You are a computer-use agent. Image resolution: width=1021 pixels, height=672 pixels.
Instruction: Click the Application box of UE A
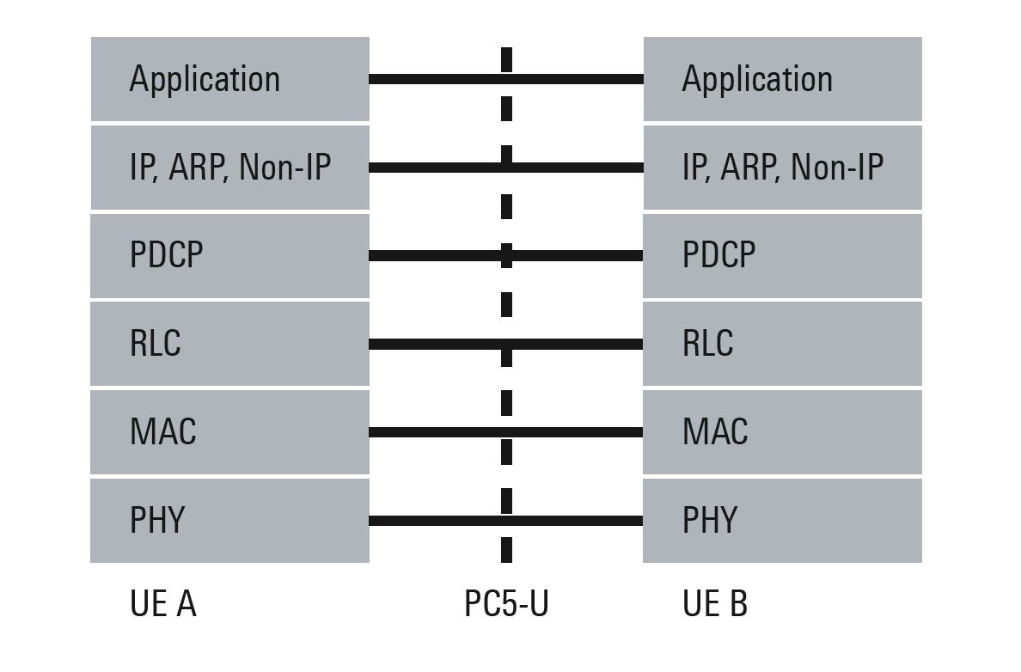point(229,79)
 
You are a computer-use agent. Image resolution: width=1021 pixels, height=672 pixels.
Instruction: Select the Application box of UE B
point(783,79)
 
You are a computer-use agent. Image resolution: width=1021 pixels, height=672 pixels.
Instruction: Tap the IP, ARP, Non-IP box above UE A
point(229,168)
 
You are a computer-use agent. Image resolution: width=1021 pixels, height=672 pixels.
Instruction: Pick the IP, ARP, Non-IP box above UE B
point(783,168)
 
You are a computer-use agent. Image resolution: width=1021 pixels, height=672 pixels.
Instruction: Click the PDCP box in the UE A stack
point(229,256)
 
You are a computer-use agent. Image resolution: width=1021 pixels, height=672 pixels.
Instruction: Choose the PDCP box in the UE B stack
point(783,256)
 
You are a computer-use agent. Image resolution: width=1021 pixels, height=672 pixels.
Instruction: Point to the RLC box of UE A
point(229,344)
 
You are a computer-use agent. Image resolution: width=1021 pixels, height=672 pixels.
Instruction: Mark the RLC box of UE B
point(783,344)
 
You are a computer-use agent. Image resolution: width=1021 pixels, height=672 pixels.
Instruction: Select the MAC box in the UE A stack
point(229,432)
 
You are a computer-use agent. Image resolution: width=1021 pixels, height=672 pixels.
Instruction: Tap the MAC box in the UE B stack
point(783,432)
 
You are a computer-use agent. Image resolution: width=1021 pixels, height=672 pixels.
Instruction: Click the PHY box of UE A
point(229,521)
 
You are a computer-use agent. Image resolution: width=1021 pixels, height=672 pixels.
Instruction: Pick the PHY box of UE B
point(783,521)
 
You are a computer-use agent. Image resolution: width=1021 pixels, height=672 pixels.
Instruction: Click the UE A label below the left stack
point(162,603)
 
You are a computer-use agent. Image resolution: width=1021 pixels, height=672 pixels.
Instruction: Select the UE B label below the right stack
point(715,603)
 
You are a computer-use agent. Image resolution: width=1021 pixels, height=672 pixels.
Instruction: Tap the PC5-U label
point(506,603)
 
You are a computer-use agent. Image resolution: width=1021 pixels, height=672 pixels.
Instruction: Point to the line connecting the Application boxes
point(506,79)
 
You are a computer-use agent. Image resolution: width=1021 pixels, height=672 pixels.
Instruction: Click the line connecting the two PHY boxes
point(506,521)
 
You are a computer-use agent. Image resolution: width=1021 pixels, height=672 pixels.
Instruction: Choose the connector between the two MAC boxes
point(506,432)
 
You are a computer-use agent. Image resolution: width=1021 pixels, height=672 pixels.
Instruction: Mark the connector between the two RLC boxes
point(506,344)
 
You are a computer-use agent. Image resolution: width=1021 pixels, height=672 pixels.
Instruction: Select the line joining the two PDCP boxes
point(506,256)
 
